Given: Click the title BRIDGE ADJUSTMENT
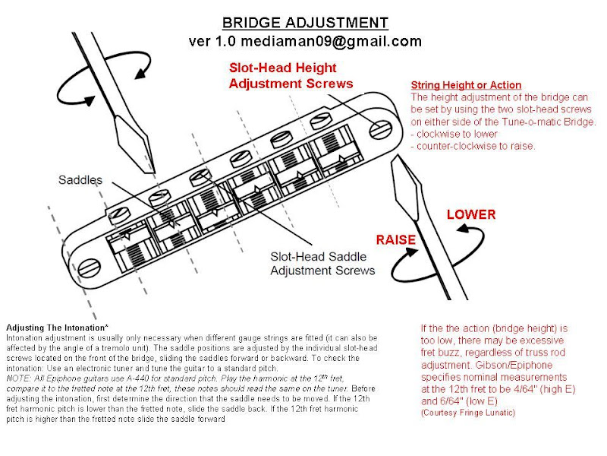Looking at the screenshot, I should click(303, 23).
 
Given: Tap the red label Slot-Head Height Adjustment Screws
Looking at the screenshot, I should click(291, 75).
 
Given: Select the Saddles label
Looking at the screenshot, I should click(80, 180).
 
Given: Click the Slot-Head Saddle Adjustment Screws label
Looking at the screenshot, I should click(322, 263).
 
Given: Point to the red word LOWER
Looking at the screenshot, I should click(470, 214).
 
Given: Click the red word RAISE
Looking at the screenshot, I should click(395, 240).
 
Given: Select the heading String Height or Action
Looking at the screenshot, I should click(466, 85).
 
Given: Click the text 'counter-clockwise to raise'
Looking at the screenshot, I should click(476, 146).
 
